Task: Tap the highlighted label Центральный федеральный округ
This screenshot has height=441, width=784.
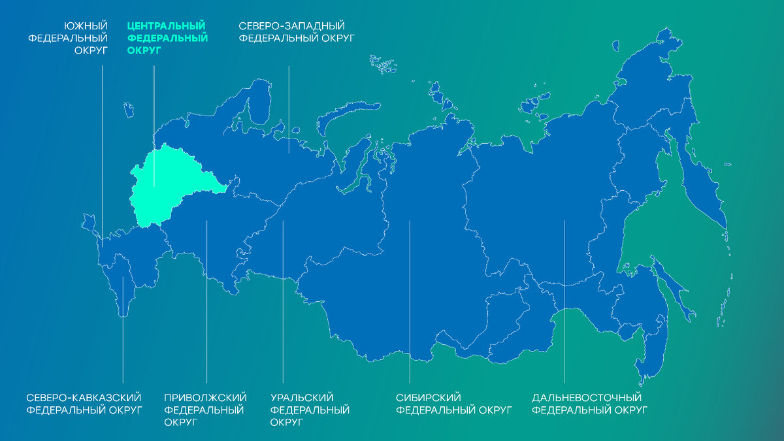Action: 167,38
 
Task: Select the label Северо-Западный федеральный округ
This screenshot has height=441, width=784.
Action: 296,32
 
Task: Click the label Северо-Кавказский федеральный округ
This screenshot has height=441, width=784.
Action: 84,404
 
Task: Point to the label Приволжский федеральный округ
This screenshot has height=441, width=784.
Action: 204,410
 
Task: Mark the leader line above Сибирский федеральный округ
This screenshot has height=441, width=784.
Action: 410,301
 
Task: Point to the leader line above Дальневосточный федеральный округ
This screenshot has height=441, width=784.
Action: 564,301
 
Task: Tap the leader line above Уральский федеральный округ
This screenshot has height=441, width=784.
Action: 283,301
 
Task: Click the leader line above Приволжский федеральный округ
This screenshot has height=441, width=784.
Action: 206,301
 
